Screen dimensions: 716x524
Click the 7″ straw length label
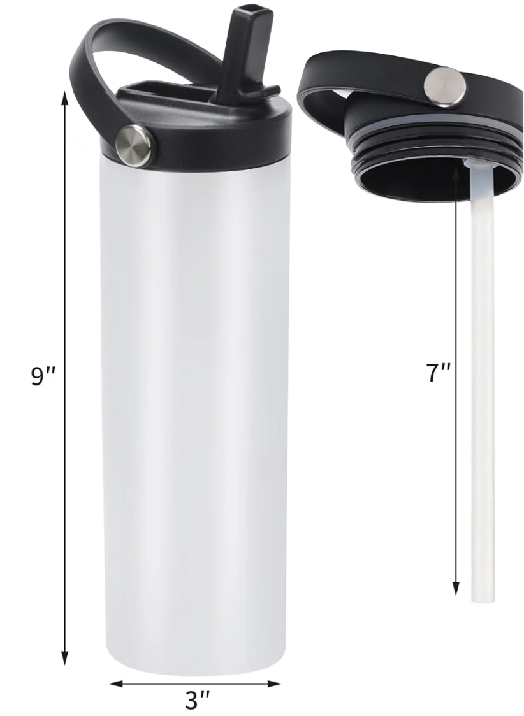point(439,373)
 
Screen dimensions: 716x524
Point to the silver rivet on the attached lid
point(136,143)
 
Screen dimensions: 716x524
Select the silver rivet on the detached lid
point(446,85)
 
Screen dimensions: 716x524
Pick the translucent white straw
point(482,382)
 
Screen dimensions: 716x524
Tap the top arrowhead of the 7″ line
point(456,173)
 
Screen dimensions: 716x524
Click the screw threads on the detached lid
point(408,153)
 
